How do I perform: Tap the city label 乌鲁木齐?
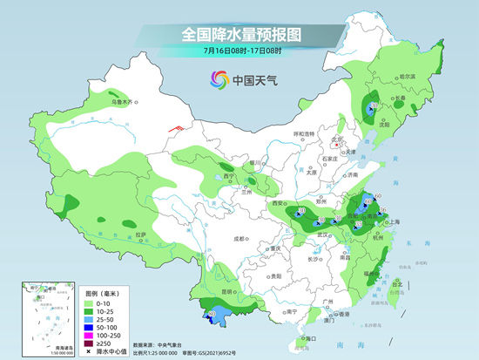pos(123,102)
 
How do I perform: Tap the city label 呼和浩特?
pos(305,133)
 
